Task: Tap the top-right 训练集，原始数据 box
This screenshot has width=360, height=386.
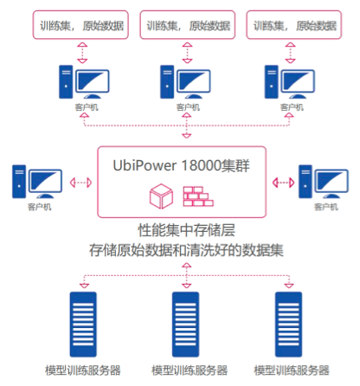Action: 292,24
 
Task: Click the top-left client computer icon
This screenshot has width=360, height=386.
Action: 80,84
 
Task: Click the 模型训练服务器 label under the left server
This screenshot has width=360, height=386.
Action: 83,370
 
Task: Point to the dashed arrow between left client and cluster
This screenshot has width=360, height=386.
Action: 80,182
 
